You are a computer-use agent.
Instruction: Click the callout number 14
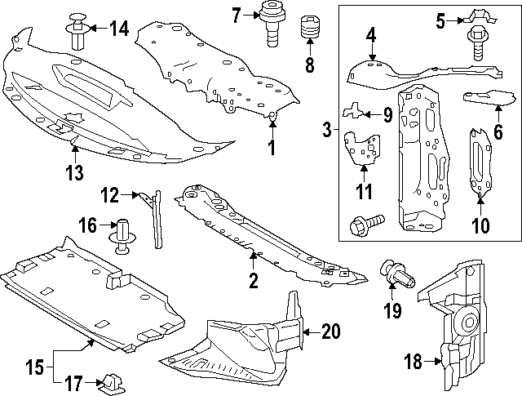click(119, 29)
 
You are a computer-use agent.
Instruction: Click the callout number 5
click(440, 20)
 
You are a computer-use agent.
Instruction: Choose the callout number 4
click(370, 35)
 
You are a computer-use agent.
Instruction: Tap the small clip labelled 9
click(356, 109)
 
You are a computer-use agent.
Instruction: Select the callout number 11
click(364, 192)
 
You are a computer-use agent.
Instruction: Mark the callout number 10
click(480, 225)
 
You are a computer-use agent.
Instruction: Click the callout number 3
click(326, 129)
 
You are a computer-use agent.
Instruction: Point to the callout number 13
click(74, 172)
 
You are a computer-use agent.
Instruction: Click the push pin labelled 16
click(122, 234)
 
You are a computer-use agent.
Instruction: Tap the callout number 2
click(253, 282)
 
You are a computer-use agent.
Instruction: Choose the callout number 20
click(330, 331)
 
